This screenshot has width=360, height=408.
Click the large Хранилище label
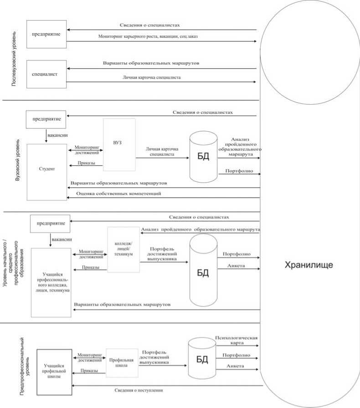point(309,265)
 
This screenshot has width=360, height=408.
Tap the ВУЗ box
point(118,144)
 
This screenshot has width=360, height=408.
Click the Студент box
point(47,171)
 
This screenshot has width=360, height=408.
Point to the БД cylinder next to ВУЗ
point(203,156)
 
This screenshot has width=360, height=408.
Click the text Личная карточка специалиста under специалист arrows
point(151,77)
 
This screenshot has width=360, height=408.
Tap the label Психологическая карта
point(237,341)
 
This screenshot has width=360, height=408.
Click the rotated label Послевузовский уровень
point(14,59)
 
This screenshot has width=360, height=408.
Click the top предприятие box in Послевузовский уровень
point(46,34)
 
